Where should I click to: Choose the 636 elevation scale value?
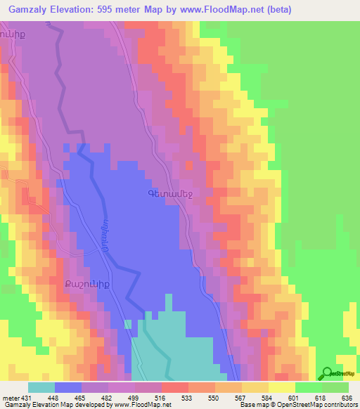347,397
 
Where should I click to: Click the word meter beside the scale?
11,397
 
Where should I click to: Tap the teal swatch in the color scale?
41,387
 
